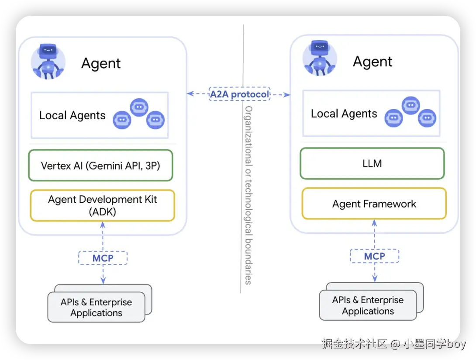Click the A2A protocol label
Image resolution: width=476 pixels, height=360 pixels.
[239, 94]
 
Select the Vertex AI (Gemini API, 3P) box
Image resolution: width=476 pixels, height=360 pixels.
[100, 165]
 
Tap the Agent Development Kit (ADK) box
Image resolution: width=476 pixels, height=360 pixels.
[103, 205]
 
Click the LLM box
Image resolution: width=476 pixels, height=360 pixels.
[372, 163]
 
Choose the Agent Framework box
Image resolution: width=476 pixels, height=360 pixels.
[374, 204]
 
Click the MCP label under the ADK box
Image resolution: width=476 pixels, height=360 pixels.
[103, 258]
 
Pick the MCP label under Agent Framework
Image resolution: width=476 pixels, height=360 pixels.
[375, 256]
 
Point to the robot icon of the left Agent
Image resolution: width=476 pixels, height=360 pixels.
[48, 62]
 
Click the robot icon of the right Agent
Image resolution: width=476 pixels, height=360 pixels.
[320, 59]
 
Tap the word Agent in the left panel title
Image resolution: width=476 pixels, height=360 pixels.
[101, 63]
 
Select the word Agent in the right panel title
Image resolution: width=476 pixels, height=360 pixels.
[373, 62]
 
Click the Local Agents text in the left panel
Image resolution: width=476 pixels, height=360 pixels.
[72, 115]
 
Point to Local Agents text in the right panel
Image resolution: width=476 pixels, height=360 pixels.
[344, 114]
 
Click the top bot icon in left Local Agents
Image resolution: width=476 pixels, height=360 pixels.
[139, 107]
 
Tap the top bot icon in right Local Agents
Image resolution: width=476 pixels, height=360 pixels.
[411, 105]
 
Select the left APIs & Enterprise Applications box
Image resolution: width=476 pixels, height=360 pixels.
[96, 307]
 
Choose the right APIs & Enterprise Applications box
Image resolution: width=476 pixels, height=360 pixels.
[368, 305]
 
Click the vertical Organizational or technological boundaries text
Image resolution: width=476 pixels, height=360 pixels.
[248, 195]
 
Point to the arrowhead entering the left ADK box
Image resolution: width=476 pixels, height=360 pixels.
[103, 225]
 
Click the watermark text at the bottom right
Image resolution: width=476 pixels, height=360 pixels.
[394, 344]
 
